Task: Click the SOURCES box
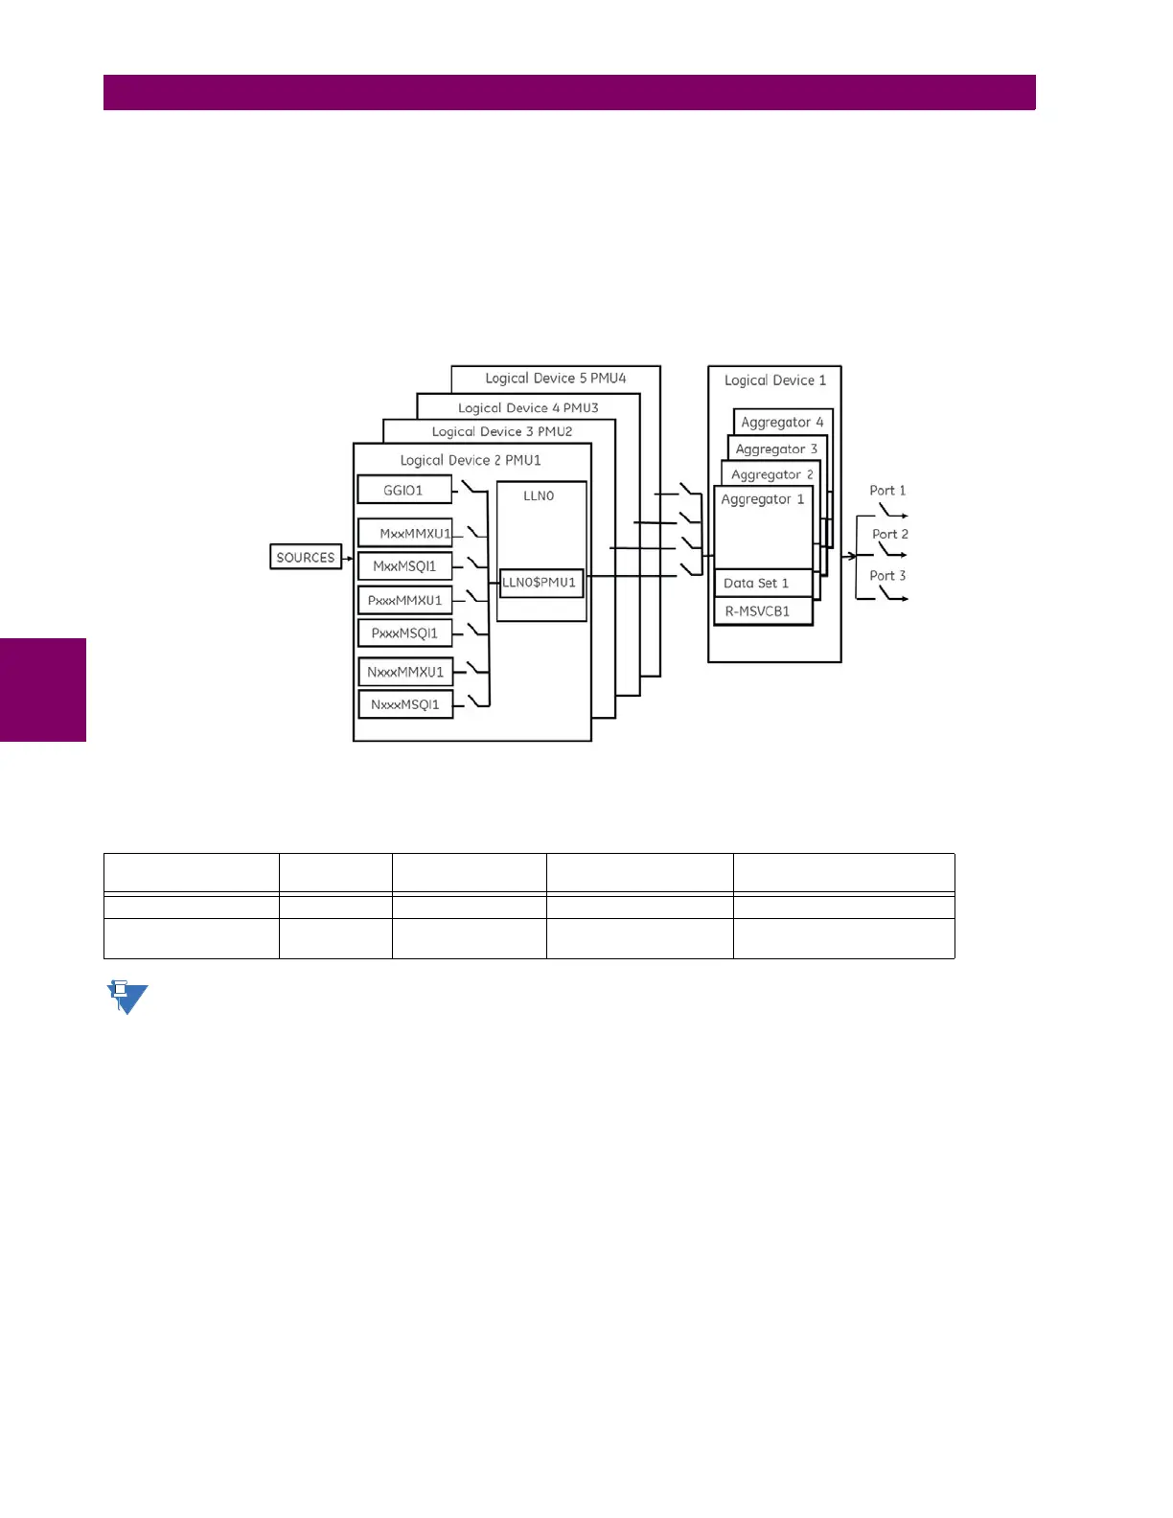[306, 557]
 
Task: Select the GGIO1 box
[404, 490]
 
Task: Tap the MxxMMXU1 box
[405, 533]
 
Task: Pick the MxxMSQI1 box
[404, 565]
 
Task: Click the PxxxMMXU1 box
[404, 600]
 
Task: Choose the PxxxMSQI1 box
[404, 632]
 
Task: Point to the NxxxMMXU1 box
[405, 672]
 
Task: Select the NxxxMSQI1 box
[405, 704]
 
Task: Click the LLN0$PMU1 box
[541, 583]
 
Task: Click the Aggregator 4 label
[782, 422]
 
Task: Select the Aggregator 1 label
[763, 499]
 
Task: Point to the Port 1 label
[887, 490]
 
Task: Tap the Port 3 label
[887, 575]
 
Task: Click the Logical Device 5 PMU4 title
[556, 379]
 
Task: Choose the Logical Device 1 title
[774, 380]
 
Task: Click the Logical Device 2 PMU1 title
[471, 460]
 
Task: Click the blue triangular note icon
[126, 998]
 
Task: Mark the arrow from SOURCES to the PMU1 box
[348, 558]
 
